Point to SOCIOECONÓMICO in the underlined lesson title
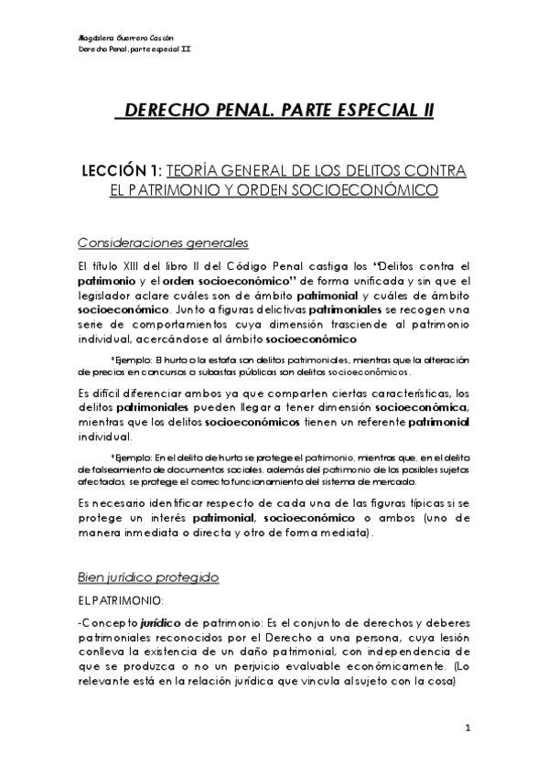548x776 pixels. point(361,191)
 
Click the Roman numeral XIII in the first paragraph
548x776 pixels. point(140,265)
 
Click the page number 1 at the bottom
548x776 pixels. point(467,729)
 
